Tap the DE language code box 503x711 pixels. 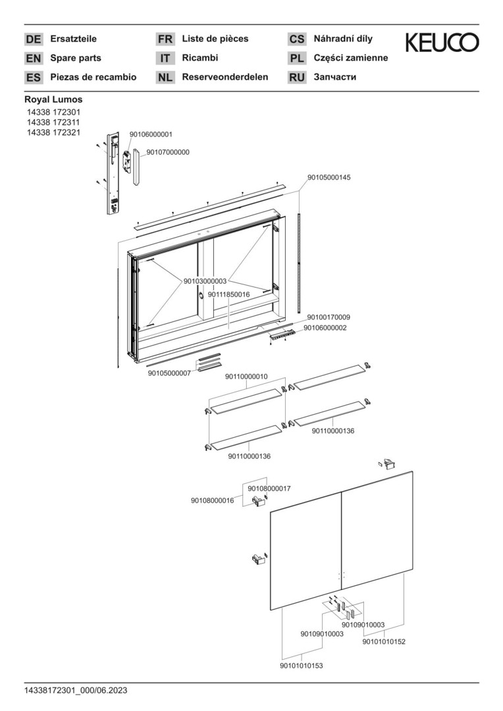33,39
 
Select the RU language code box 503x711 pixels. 297,78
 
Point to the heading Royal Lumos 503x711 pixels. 53,99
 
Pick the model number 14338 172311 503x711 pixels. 53,122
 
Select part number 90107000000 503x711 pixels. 168,152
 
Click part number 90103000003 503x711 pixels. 204,281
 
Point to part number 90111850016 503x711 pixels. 228,294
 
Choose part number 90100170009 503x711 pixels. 329,317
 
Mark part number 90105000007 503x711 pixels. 169,373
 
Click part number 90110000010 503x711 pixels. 246,377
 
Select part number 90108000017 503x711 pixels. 269,488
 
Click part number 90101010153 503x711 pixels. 301,666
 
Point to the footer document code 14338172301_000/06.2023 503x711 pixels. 76,691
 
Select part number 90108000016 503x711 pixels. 212,501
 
